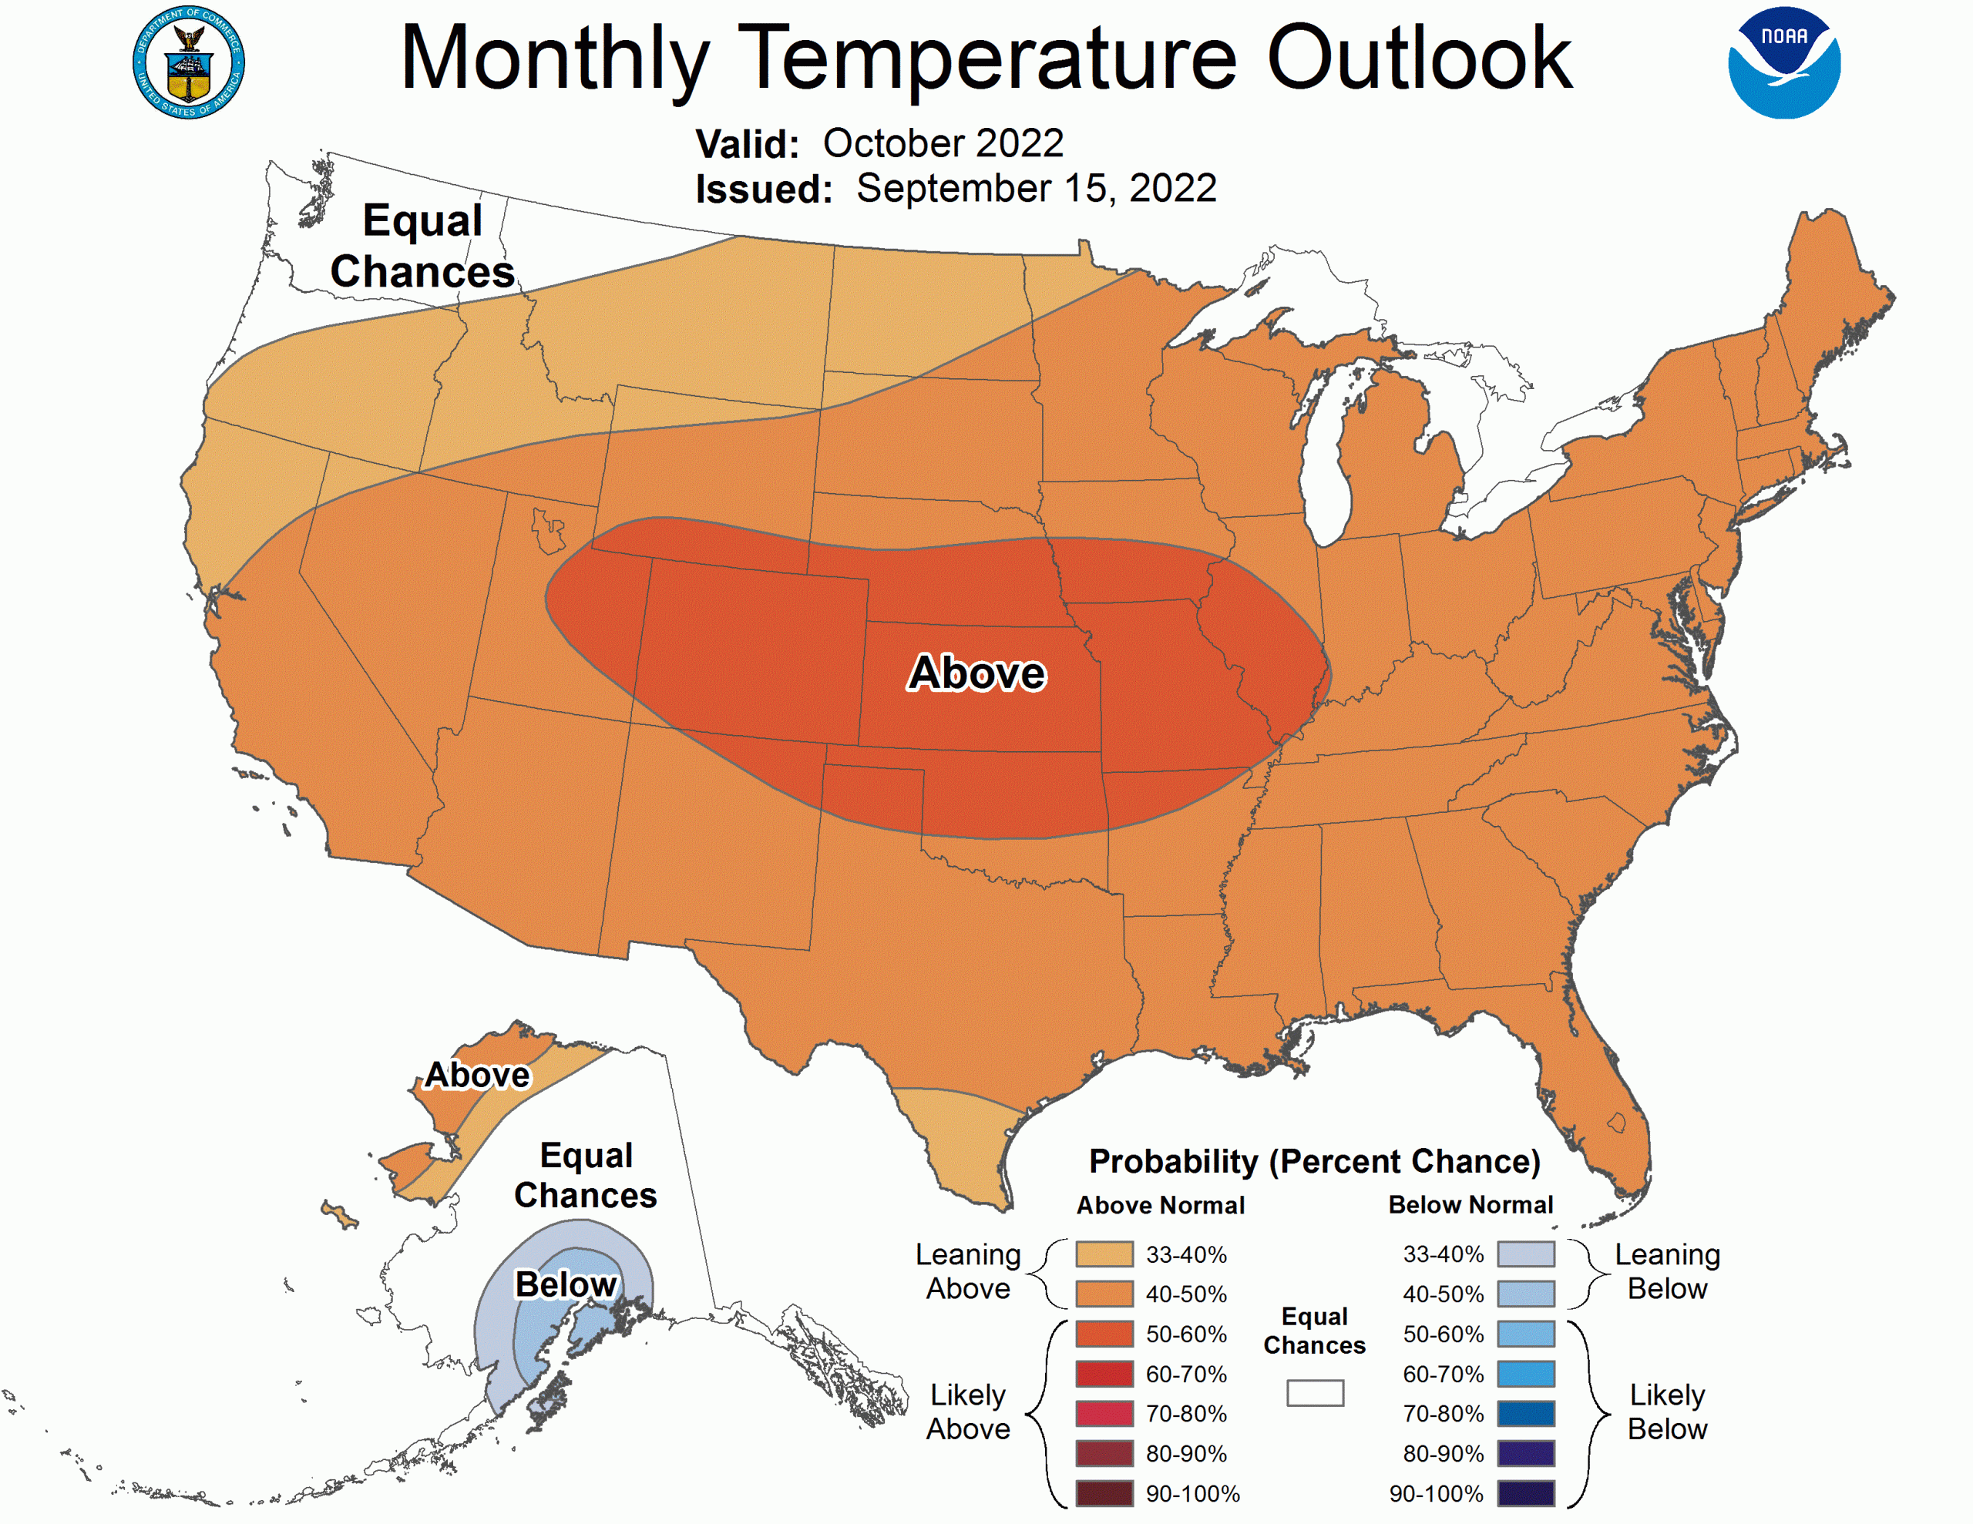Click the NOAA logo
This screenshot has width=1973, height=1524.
pos(1783,62)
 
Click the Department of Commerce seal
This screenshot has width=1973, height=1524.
pos(188,62)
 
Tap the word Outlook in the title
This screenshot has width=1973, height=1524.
pos(1418,59)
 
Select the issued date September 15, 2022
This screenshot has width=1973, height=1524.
pos(1036,189)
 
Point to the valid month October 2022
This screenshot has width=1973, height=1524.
pos(943,143)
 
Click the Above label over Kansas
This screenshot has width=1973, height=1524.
pos(976,673)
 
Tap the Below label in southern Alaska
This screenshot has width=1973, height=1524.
pos(566,1284)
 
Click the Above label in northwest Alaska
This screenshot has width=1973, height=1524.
pos(477,1075)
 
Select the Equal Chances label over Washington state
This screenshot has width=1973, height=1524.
pos(422,246)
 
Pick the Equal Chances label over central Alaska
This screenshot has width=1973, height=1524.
pos(586,1174)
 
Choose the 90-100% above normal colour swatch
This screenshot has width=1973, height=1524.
pos(1104,1493)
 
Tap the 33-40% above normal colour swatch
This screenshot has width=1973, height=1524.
pos(1104,1254)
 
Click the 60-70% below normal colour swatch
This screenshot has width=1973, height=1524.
pos(1526,1374)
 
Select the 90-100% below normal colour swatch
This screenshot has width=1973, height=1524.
pos(1526,1493)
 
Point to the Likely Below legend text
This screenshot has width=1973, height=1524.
pos(1667,1412)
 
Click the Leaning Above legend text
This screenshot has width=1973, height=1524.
pos(967,1271)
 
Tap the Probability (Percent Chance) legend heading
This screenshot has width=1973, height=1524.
pos(1314,1161)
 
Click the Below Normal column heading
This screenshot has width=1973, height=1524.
pos(1470,1204)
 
